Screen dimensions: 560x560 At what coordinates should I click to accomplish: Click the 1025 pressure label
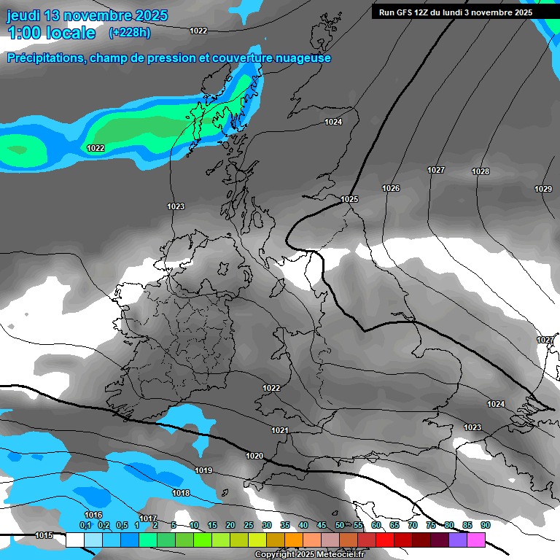pyautogui.click(x=349, y=199)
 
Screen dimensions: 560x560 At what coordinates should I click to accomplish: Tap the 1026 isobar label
pyautogui.click(x=391, y=188)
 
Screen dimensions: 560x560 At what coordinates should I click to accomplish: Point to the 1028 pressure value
pyautogui.click(x=481, y=171)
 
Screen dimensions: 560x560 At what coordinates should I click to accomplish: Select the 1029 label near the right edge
pyautogui.click(x=543, y=189)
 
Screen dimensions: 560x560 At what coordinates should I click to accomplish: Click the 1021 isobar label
pyautogui.click(x=280, y=430)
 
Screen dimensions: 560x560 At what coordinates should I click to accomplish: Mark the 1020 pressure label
pyautogui.click(x=254, y=456)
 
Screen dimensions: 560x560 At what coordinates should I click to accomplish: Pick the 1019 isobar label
pyautogui.click(x=203, y=470)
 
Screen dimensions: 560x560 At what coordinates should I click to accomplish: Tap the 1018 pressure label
pyautogui.click(x=181, y=493)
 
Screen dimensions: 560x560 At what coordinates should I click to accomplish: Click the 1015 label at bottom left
pyautogui.click(x=44, y=535)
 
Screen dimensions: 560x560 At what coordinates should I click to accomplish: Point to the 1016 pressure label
pyautogui.click(x=93, y=515)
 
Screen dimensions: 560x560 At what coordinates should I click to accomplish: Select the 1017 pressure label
pyautogui.click(x=148, y=518)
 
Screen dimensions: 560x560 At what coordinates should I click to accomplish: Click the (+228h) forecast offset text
pyautogui.click(x=130, y=33)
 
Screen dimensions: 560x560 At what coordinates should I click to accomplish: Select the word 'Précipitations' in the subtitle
pyautogui.click(x=44, y=58)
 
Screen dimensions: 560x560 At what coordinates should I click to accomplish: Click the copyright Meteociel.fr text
pyautogui.click(x=309, y=555)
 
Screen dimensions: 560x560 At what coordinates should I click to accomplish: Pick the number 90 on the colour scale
pyautogui.click(x=485, y=525)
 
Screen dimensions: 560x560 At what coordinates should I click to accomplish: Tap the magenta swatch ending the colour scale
pyautogui.click(x=476, y=540)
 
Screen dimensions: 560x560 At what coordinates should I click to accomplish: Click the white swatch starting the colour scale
pyautogui.click(x=74, y=540)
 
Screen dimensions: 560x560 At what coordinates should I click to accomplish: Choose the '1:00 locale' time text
pyautogui.click(x=51, y=33)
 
